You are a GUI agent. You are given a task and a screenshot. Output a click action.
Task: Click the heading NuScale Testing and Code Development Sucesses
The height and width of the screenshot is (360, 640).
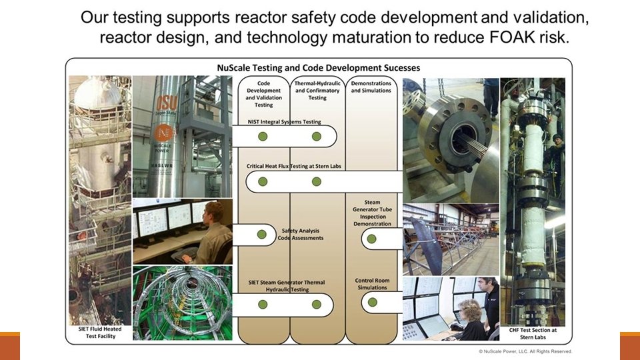click(319, 67)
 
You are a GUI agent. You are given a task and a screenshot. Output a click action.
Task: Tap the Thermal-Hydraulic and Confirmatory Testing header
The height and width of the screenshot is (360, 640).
click(317, 90)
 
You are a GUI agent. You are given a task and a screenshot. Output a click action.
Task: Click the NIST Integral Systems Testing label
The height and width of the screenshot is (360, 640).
click(283, 122)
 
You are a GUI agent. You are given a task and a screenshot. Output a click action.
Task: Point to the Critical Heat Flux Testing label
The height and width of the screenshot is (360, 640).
click(293, 166)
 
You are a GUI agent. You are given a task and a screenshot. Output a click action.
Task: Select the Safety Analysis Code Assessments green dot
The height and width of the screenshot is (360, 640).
click(263, 234)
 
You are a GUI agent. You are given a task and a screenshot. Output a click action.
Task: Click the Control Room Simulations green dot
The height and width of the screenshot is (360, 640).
click(372, 302)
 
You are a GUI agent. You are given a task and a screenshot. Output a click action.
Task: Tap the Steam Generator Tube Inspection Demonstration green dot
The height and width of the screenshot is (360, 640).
click(372, 234)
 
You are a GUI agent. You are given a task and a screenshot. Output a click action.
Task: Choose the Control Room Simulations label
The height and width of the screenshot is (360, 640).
click(371, 283)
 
